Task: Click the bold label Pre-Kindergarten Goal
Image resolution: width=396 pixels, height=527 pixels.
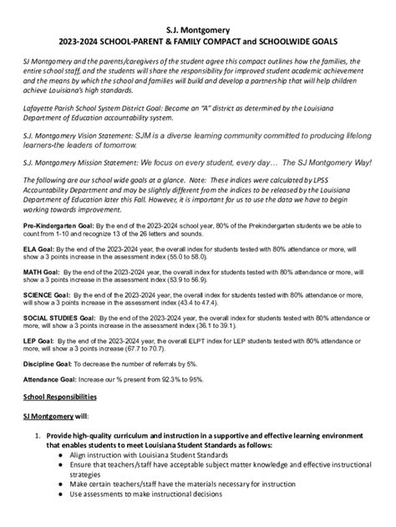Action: pos(51,227)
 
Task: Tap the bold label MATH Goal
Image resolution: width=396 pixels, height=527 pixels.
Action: pos(41,273)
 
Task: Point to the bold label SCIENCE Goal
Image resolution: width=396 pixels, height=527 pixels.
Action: pos(46,295)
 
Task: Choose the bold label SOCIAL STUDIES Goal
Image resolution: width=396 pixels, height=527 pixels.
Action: pos(59,319)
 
